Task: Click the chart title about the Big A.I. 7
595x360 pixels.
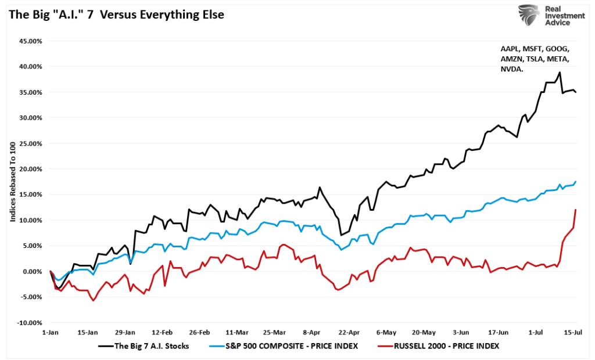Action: [116, 15]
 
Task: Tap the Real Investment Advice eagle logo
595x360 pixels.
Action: [528, 16]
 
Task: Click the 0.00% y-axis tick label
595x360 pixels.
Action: [30, 272]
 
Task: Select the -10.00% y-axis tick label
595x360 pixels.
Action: [28, 323]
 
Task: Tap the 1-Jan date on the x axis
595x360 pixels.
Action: [50, 333]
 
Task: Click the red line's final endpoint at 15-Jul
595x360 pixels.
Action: [575, 210]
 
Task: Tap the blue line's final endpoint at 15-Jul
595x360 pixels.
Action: [575, 182]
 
